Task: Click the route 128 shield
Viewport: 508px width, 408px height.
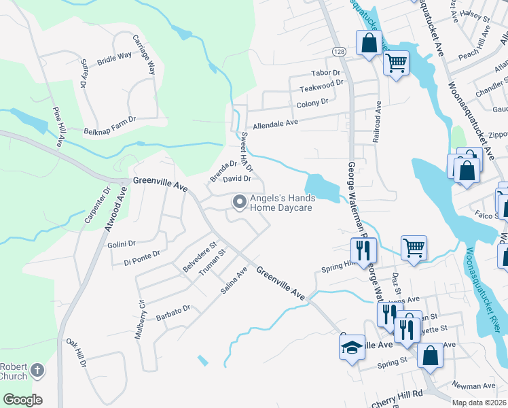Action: pyautogui.click(x=338, y=52)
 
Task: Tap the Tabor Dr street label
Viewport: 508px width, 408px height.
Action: pyautogui.click(x=325, y=73)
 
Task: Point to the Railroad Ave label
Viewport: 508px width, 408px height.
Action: pyautogui.click(x=378, y=122)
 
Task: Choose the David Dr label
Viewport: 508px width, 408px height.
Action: pyautogui.click(x=237, y=179)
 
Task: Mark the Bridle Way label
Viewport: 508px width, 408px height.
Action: pyautogui.click(x=115, y=57)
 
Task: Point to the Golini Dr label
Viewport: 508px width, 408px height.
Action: pyautogui.click(x=122, y=243)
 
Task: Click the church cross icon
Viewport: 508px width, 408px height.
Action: pyautogui.click(x=37, y=371)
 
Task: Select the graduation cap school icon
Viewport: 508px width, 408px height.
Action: pyautogui.click(x=352, y=347)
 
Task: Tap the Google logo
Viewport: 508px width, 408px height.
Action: pyautogui.click(x=22, y=400)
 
